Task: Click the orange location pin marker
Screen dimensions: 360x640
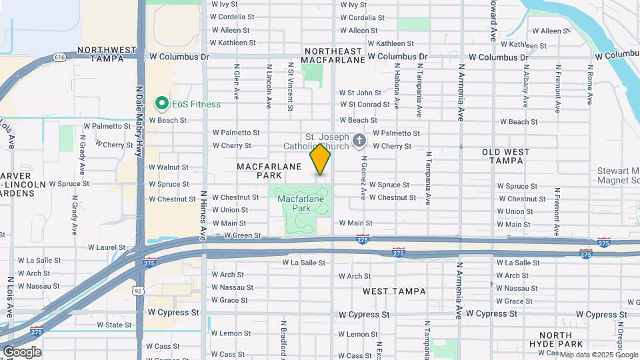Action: click(320, 160)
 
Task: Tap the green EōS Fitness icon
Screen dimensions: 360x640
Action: click(161, 103)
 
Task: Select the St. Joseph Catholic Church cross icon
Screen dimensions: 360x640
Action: click(360, 140)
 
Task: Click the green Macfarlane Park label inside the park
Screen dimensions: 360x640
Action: click(300, 203)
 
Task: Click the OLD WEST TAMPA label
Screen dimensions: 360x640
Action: click(506, 157)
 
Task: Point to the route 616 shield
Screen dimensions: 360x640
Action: click(61, 58)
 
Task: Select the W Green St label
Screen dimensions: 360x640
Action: click(242, 235)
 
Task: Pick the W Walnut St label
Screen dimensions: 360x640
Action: click(168, 167)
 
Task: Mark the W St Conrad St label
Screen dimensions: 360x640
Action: click(365, 105)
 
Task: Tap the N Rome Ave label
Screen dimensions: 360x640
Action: click(590, 85)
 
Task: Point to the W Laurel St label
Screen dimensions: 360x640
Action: click(97, 247)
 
